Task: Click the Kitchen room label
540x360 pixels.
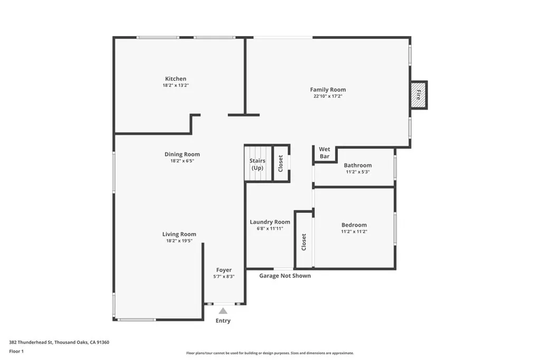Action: [x=175, y=79]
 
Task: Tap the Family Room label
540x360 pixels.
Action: [x=327, y=90]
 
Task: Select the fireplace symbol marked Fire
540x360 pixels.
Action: [x=419, y=95]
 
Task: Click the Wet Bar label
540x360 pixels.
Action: [x=324, y=153]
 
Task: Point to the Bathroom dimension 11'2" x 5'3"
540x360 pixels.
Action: [x=358, y=172]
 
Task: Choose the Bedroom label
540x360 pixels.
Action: [x=354, y=225]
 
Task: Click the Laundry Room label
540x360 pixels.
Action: [x=270, y=222]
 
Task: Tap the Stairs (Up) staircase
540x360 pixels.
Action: [x=257, y=164]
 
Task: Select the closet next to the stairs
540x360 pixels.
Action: [x=281, y=163]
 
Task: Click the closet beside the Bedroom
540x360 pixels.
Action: [x=304, y=241]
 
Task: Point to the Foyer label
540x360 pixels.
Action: [x=224, y=270]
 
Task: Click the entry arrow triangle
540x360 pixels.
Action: [x=223, y=311]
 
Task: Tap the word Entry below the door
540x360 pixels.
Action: [x=223, y=320]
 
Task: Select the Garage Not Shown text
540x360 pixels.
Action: [x=285, y=276]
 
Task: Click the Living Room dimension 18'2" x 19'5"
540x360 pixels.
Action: [x=179, y=241]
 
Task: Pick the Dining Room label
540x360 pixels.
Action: [x=182, y=154]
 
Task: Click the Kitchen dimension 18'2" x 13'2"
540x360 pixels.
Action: [x=175, y=85]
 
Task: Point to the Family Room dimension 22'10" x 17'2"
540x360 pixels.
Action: [x=327, y=96]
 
